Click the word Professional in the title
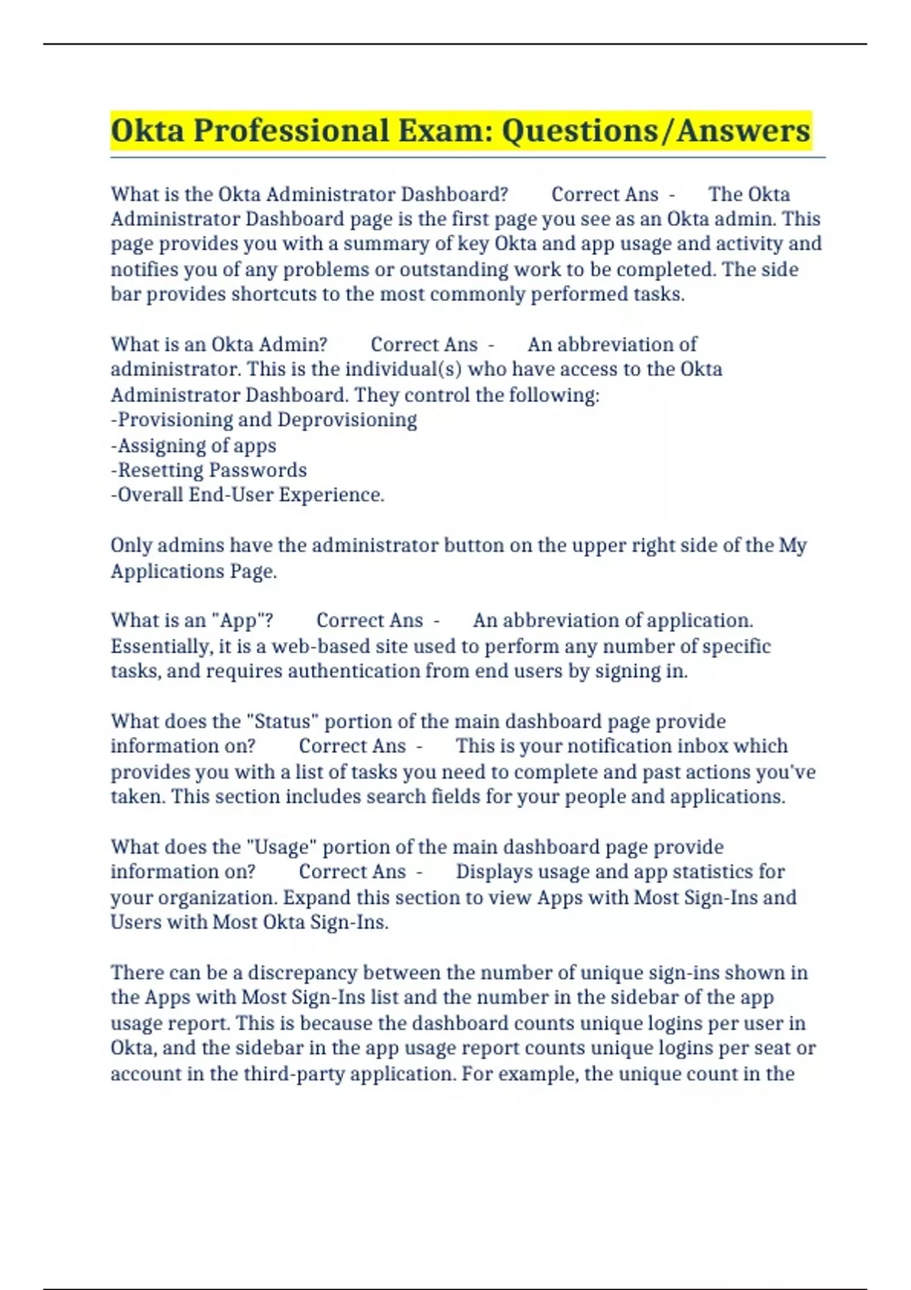[x=291, y=131]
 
